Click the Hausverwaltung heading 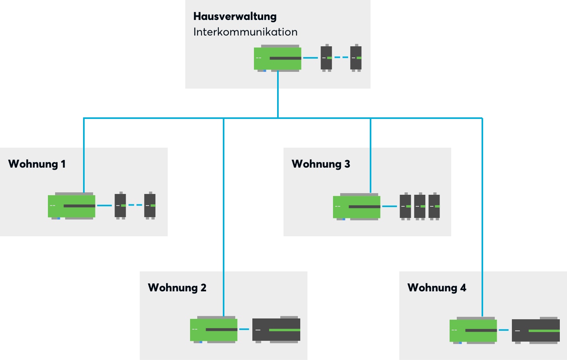pyautogui.click(x=235, y=16)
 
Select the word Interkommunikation pyautogui.click(x=245, y=32)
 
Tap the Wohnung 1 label pyautogui.click(x=37, y=164)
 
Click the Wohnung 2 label pyautogui.click(x=177, y=288)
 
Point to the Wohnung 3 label pyautogui.click(x=321, y=164)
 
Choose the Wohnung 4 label pyautogui.click(x=436, y=288)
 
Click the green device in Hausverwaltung pyautogui.click(x=278, y=58)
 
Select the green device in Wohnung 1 pyautogui.click(x=71, y=206)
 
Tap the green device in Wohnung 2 pyautogui.click(x=214, y=330)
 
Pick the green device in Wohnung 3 pyautogui.click(x=357, y=207)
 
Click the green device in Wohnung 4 pyautogui.click(x=473, y=330)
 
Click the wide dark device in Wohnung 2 pyautogui.click(x=276, y=330)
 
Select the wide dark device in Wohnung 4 pyautogui.click(x=536, y=330)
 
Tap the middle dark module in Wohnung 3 pyautogui.click(x=420, y=206)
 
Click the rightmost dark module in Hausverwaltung pyautogui.click(x=356, y=58)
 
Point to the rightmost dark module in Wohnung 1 pyautogui.click(x=150, y=206)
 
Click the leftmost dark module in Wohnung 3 pyautogui.click(x=405, y=206)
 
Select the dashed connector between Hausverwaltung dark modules pyautogui.click(x=341, y=57)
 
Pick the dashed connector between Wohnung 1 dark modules pyautogui.click(x=135, y=205)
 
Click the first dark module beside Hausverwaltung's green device pyautogui.click(x=326, y=58)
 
